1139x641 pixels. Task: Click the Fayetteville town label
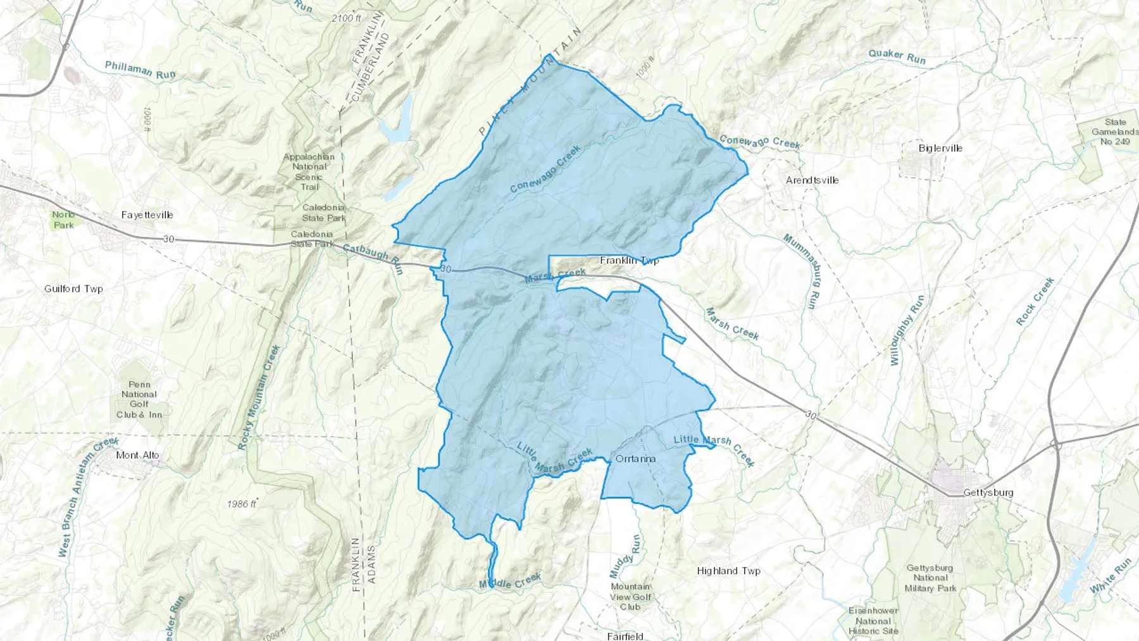[147, 215]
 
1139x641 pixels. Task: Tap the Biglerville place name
[940, 148]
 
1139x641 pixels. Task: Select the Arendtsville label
[812, 180]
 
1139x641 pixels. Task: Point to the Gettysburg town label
[988, 492]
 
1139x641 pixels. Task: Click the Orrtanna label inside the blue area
[635, 459]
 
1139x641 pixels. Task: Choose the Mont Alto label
[137, 455]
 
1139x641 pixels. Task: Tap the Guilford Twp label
[73, 289]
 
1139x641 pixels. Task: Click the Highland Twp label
[728, 571]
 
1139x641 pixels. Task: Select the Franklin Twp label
[629, 260]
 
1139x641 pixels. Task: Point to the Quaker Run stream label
[897, 57]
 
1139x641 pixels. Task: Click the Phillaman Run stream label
[140, 70]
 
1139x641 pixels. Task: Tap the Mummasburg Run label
[801, 271]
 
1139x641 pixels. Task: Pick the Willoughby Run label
[907, 330]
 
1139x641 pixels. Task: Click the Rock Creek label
[1035, 302]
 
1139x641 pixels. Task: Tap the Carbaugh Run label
[373, 259]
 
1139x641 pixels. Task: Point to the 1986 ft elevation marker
[242, 504]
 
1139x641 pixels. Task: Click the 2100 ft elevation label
[346, 18]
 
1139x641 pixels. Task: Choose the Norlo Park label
[63, 220]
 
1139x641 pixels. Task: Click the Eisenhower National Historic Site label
[873, 621]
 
